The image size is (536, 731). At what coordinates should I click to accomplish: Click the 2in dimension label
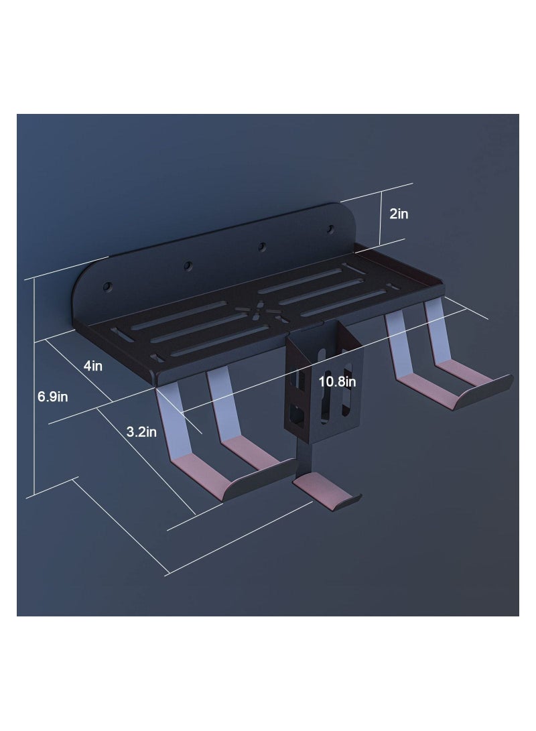tap(399, 214)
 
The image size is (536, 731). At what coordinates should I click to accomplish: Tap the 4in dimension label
tap(92, 366)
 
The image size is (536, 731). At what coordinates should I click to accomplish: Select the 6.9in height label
tap(53, 397)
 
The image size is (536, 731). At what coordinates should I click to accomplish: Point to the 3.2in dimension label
tap(141, 431)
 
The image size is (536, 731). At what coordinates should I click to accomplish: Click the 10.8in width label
tap(338, 382)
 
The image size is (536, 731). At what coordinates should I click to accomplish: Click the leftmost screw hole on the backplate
tap(108, 286)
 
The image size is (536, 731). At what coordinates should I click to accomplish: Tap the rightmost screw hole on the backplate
tap(330, 229)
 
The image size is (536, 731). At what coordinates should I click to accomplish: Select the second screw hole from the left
tap(188, 266)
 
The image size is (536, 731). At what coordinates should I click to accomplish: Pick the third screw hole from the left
tap(263, 246)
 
